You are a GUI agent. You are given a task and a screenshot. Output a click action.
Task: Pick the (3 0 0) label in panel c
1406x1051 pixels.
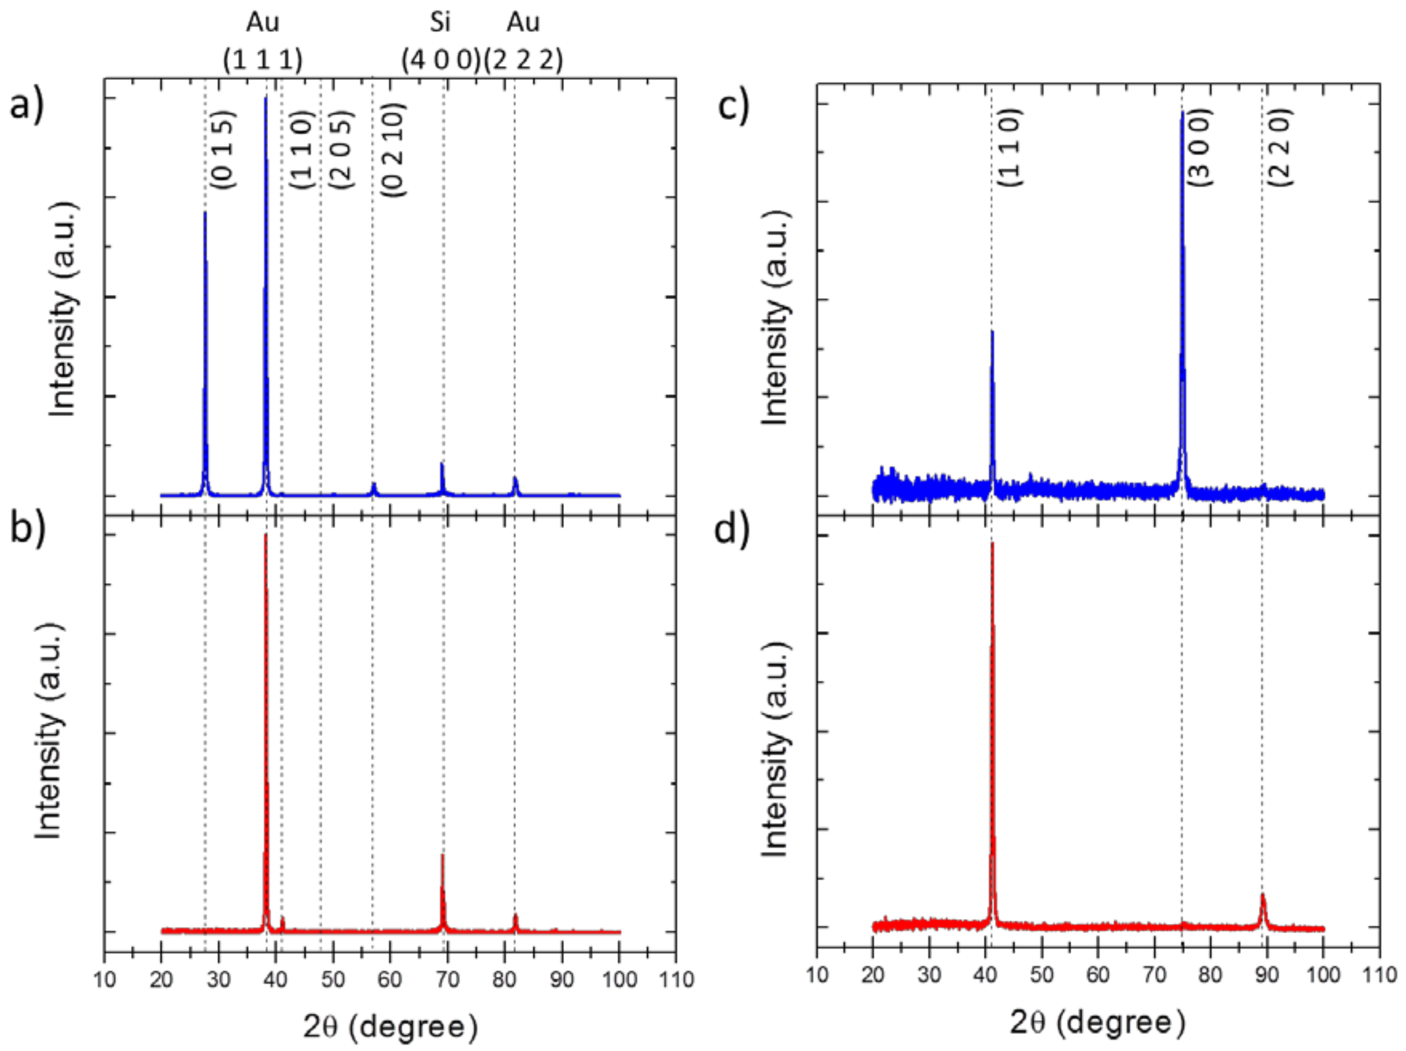(x=1201, y=147)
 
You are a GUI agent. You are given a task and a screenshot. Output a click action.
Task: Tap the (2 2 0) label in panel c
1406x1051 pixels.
(x=1281, y=147)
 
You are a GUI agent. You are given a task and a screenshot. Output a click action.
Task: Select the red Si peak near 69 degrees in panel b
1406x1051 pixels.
(x=442, y=856)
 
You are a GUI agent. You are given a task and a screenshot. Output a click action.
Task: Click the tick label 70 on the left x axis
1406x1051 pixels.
(x=448, y=980)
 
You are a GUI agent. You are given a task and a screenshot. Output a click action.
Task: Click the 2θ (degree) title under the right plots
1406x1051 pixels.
(x=1098, y=1023)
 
